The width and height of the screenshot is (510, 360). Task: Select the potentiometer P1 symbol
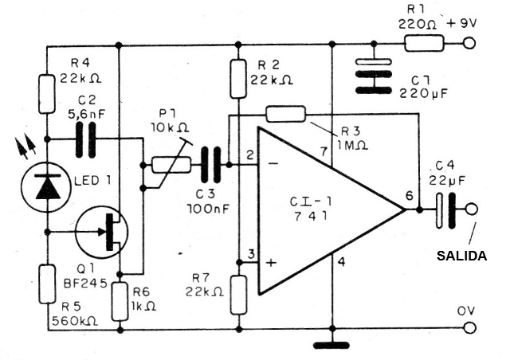pyautogui.click(x=169, y=165)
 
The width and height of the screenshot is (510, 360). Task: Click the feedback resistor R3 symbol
pyautogui.click(x=284, y=115)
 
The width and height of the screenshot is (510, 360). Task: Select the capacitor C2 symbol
pyautogui.click(x=88, y=138)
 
